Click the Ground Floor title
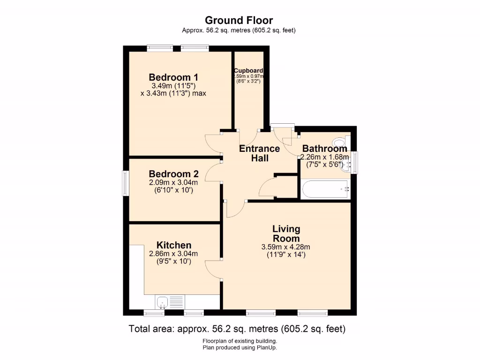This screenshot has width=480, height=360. click(x=239, y=20)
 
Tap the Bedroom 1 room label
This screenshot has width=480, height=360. click(x=173, y=77)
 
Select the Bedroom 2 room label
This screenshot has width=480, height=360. click(x=173, y=173)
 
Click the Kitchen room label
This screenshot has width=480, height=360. click(x=173, y=245)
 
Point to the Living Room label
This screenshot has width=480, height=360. click(x=286, y=233)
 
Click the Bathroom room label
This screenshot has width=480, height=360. click(x=325, y=149)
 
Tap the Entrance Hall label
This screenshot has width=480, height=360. click(x=259, y=153)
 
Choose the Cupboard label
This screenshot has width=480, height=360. click(x=248, y=71)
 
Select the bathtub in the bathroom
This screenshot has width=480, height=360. click(x=325, y=190)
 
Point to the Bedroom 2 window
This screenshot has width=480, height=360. click(x=125, y=183)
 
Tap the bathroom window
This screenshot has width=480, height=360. click(x=354, y=162)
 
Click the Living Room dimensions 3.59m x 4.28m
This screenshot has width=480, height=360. click(x=286, y=247)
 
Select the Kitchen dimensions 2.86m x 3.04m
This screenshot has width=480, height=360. click(x=173, y=254)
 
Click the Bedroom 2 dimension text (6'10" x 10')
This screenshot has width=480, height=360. click(x=173, y=190)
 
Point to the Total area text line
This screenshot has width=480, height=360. click(x=237, y=329)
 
